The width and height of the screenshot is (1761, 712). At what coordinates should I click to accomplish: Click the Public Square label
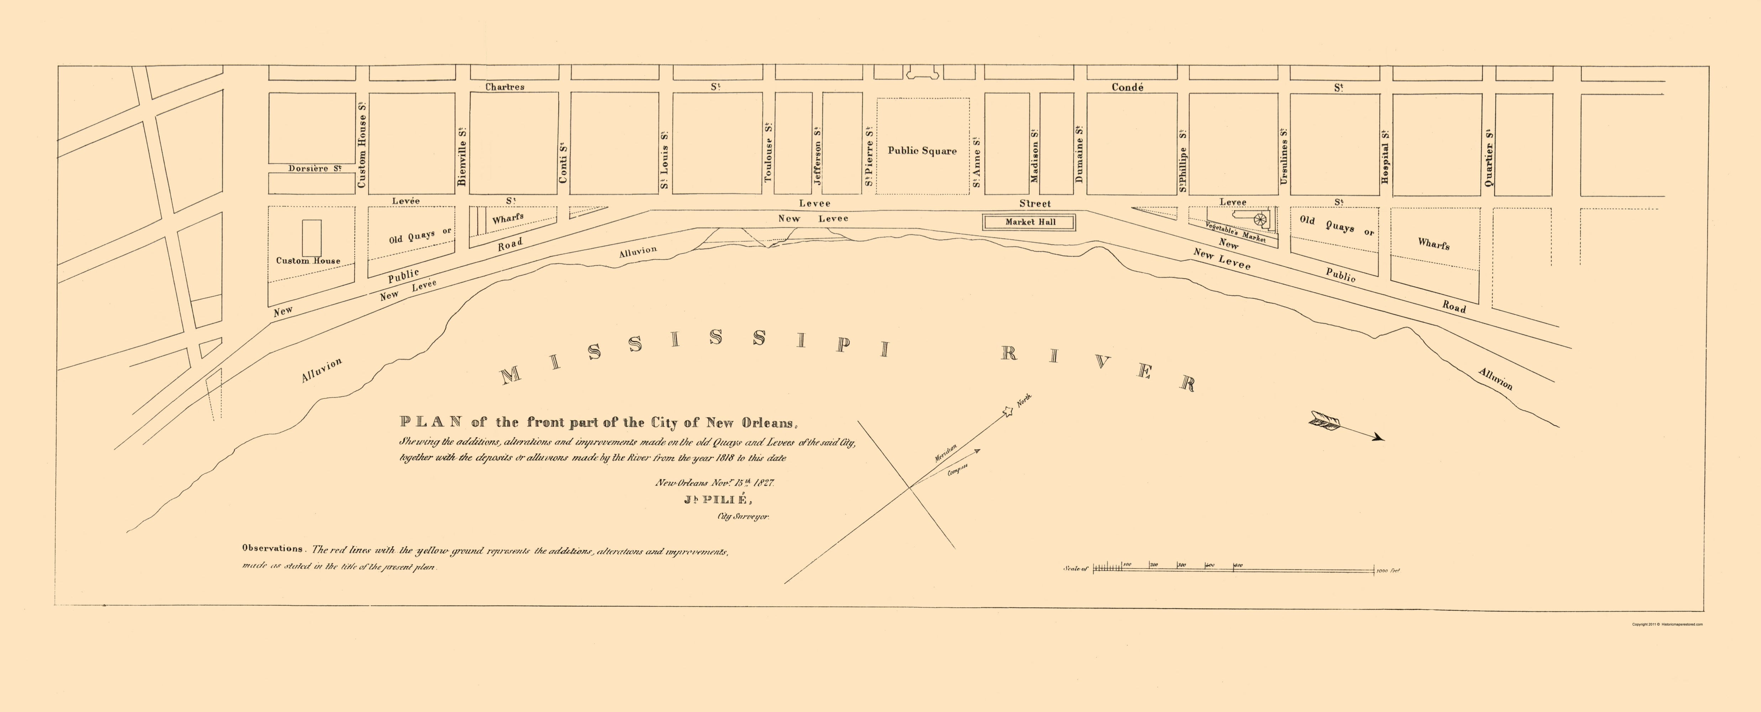coord(922,151)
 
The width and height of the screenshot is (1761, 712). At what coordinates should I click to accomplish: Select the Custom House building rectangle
coord(312,238)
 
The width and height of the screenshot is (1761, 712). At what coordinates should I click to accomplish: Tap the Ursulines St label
coord(1284,156)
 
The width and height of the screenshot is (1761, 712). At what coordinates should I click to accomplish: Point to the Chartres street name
coord(504,87)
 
